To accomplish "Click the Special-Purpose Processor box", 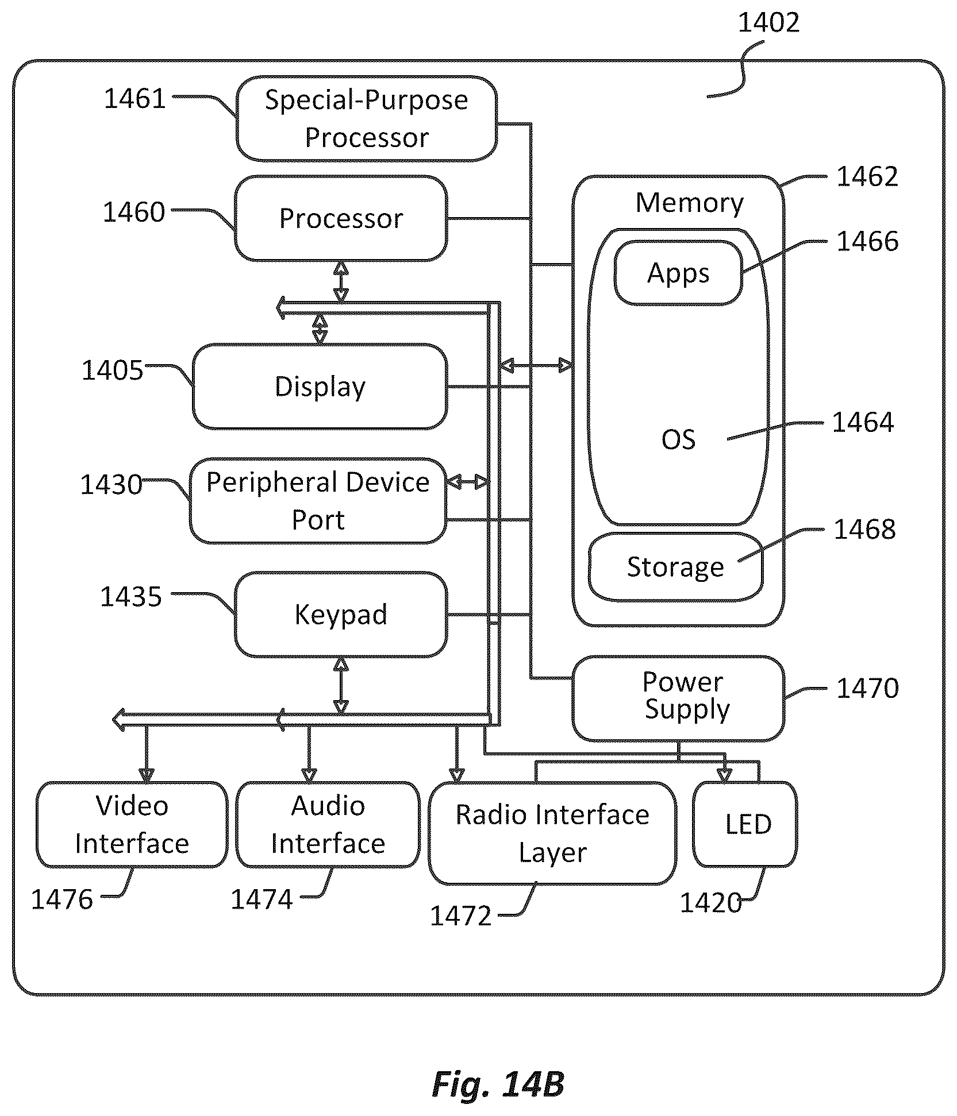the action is coord(367,118).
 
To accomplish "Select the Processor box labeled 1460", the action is coord(341,218).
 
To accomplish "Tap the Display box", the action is coord(320,387).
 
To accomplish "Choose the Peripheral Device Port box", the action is coord(318,500).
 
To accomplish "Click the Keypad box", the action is coord(341,614).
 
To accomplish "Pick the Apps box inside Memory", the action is coord(678,273).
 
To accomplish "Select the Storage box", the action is coord(675,567).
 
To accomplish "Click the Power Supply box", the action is coord(678,698).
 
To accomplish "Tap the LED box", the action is coord(745,824).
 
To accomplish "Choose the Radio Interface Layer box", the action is coord(552,833).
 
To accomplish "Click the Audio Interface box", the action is coord(328,824).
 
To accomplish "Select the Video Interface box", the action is coord(132,824).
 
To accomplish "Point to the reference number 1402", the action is coord(768,22).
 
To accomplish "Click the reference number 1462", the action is coord(867,176).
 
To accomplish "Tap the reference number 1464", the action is coord(863,423).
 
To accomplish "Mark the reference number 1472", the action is coord(461,916).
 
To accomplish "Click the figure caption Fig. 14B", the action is coord(498,1084).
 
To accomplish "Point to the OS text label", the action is coord(678,439).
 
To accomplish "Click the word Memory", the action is coord(689,203).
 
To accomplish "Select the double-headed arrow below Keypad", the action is coord(341,686).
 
